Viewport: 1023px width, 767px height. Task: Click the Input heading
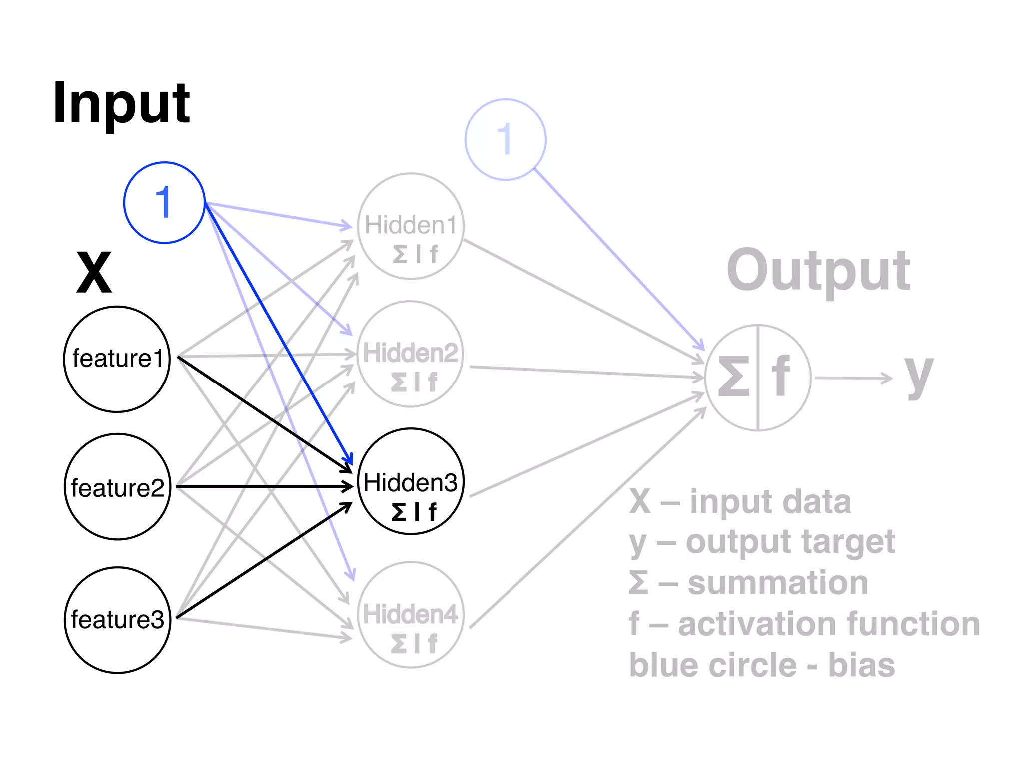121,103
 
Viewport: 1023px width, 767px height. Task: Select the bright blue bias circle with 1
164,203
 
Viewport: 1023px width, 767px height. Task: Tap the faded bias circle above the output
505,139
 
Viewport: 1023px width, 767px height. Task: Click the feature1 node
117,359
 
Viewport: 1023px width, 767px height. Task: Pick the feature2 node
118,487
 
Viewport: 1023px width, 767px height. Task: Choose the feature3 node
118,620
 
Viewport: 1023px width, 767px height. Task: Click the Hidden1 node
411,226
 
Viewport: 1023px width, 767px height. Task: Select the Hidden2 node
411,354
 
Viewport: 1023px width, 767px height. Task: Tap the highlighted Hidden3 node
411,481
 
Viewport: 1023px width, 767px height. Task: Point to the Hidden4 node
411,614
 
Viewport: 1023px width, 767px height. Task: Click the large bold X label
94,273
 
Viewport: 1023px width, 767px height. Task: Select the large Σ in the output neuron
734,377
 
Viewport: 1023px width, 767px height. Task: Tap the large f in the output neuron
781,376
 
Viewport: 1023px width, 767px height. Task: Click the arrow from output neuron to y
852,378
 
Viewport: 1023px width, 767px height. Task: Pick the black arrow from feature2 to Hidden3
265,486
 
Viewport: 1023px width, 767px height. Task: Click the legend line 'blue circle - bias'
762,665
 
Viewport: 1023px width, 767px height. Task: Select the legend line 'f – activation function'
804,624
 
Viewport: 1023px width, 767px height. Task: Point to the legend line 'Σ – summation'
748,583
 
